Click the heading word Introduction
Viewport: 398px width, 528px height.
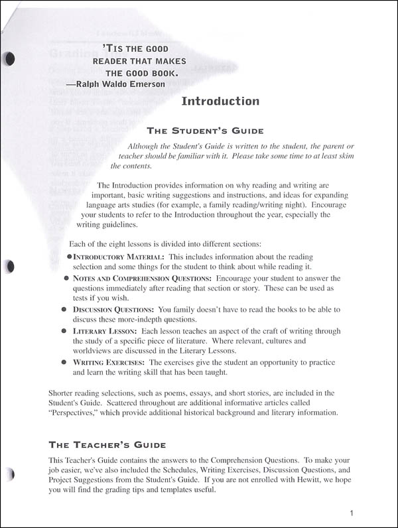[220, 101]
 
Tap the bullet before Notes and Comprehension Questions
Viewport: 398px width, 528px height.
[65, 279]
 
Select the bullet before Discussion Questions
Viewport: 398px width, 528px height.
[65, 310]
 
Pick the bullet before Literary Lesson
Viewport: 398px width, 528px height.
[65, 331]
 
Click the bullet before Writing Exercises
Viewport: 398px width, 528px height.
[65, 363]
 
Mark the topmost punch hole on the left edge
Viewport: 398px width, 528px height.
[9, 59]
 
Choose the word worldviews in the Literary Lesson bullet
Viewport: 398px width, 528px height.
[94, 352]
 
